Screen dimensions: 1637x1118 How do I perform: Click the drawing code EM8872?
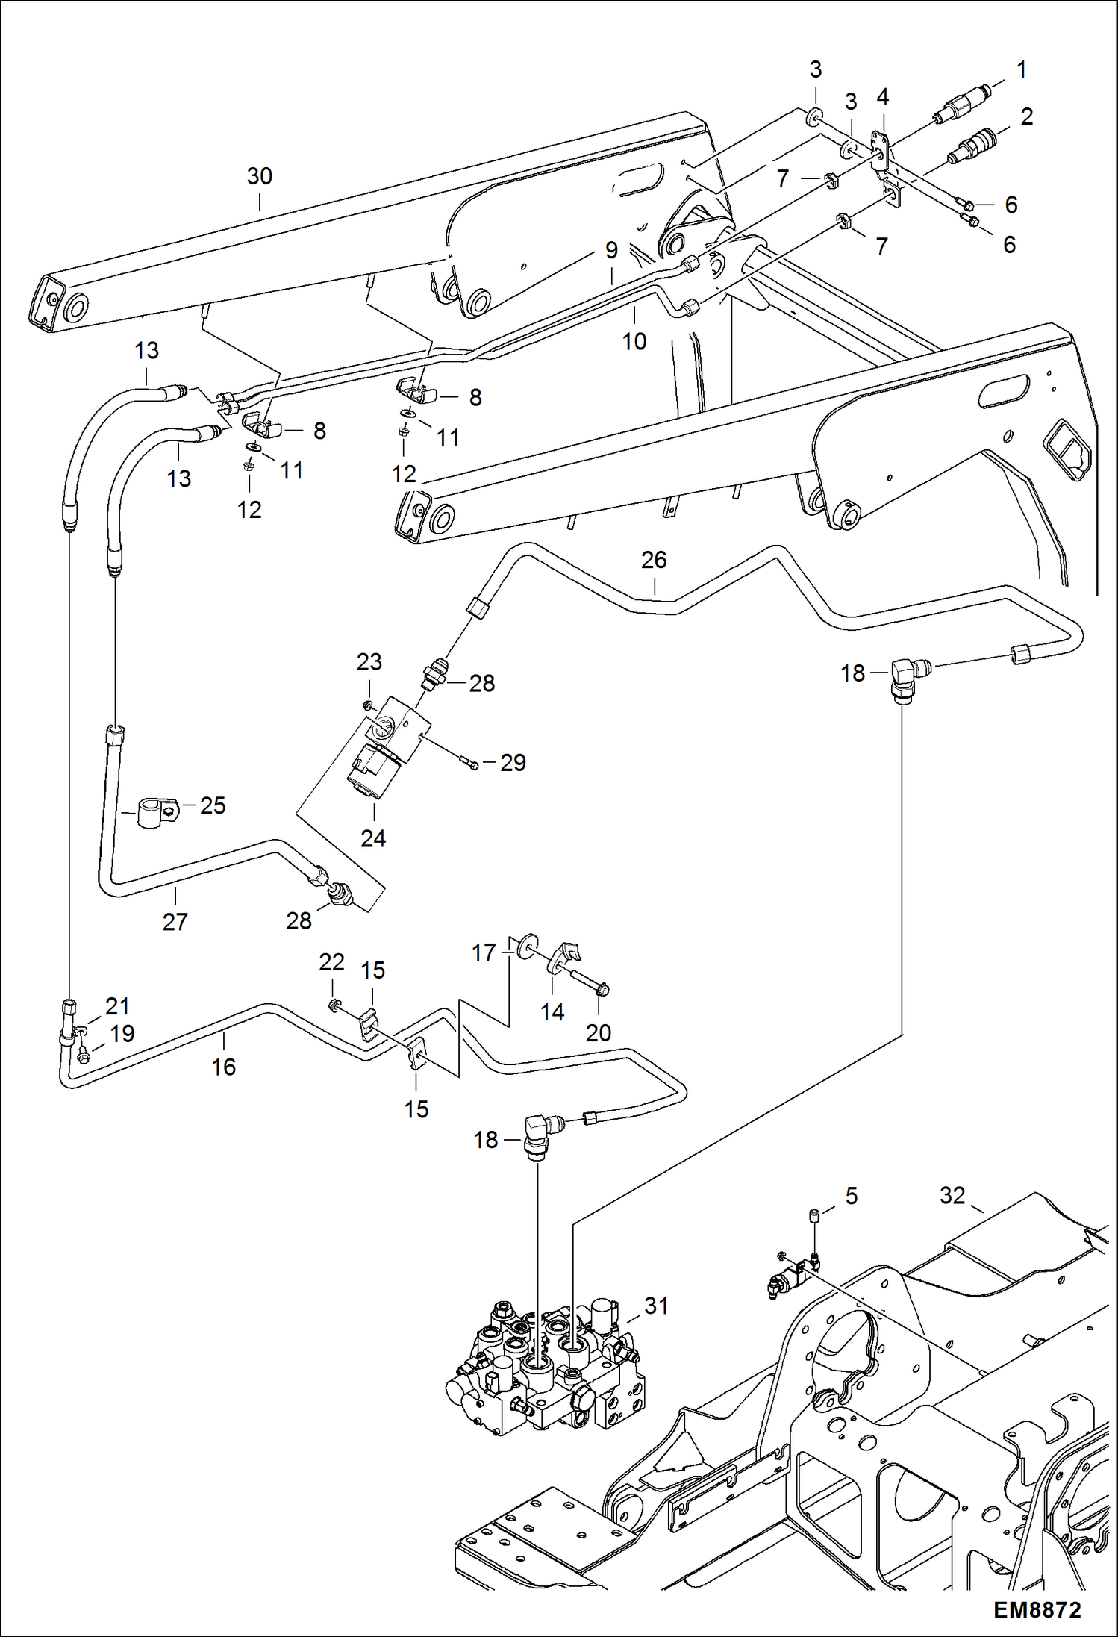point(1037,1609)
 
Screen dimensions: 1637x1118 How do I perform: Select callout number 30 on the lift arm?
point(260,177)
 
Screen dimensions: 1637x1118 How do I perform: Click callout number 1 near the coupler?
point(1022,70)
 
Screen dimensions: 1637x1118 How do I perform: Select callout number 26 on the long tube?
point(654,560)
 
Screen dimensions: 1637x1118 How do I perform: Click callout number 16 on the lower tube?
point(224,1067)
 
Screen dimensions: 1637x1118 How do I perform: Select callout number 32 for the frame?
point(952,1196)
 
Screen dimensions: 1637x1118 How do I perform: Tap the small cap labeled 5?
point(815,1216)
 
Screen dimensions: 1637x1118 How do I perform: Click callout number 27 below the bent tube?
point(175,922)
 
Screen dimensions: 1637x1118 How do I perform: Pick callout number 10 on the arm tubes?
point(634,342)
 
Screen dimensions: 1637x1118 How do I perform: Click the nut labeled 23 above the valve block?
point(367,705)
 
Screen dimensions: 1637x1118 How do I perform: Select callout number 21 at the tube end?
point(117,1006)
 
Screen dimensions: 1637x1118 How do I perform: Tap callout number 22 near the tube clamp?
point(331,962)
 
